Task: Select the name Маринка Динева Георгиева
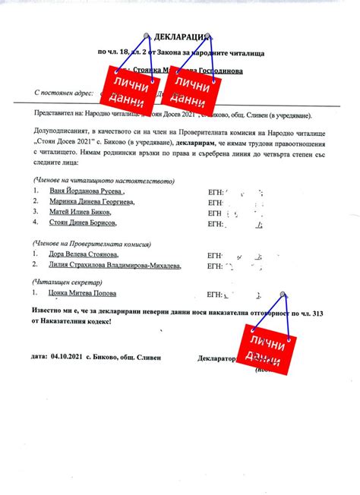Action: click(92, 203)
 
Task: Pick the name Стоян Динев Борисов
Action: click(83, 224)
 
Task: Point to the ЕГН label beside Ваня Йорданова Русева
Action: click(216, 194)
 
